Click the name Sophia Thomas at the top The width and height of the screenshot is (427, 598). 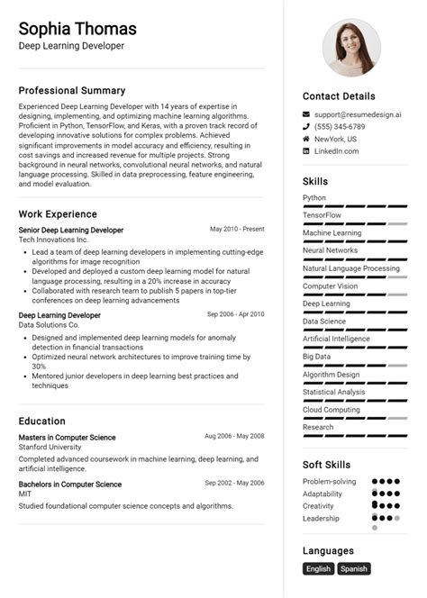point(77,29)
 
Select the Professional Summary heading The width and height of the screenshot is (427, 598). point(72,91)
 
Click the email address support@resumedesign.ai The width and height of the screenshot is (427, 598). point(358,115)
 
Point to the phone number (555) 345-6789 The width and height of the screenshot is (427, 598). point(340,127)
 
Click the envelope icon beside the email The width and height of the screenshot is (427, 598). point(306,115)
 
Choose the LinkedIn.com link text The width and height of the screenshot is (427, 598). point(336,151)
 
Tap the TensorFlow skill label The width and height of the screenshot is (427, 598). point(322,215)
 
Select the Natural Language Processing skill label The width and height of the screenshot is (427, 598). point(351,268)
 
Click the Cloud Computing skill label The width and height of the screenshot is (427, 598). point(331,410)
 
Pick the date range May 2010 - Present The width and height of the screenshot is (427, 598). point(237,230)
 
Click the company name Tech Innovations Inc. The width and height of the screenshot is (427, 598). point(53,240)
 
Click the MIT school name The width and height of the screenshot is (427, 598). point(26,494)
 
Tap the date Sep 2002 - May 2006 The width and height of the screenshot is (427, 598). point(234,484)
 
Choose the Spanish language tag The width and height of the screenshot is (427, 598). point(353,569)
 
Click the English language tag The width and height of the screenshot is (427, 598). point(318,569)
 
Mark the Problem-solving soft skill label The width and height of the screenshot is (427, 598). point(329,482)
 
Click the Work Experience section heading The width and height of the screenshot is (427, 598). point(58,214)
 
